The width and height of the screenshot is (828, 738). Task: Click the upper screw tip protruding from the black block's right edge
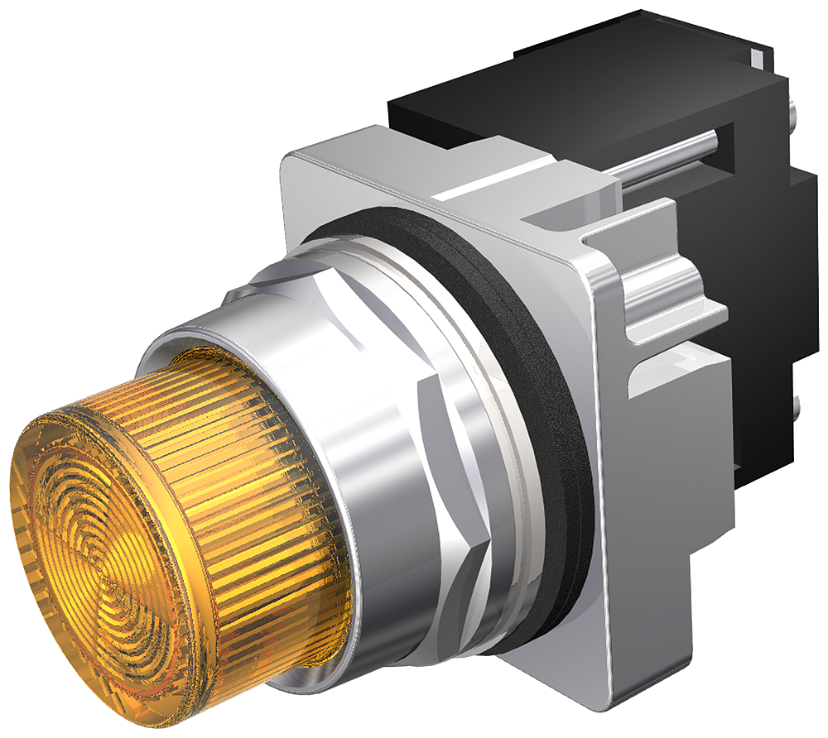[796, 108]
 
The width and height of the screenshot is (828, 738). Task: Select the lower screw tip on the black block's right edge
[796, 405]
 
